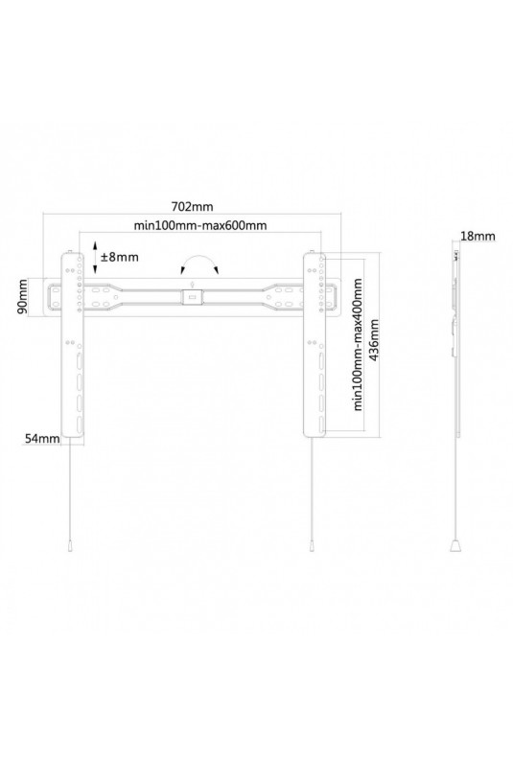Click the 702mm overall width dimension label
[x=192, y=207]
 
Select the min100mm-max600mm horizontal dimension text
[x=200, y=225]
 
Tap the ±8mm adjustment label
[x=119, y=257]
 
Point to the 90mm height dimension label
[x=23, y=297]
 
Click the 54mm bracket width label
[x=42, y=438]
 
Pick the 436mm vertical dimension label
[x=373, y=341]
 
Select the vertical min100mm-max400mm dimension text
[x=358, y=343]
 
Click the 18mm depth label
[x=478, y=236]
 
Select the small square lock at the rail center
[x=192, y=297]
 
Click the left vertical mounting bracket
[x=72, y=345]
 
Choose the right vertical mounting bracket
[x=315, y=345]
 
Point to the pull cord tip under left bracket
[x=71, y=546]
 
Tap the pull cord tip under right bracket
[x=312, y=546]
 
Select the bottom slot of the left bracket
[x=79, y=424]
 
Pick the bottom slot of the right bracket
[x=320, y=424]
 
